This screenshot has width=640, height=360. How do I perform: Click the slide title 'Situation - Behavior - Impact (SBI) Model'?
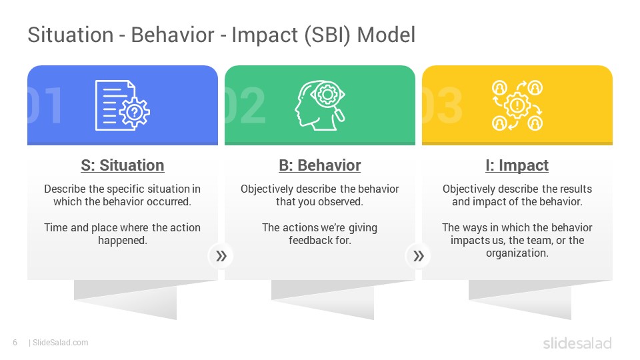click(221, 35)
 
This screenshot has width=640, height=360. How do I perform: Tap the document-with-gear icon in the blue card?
click(122, 105)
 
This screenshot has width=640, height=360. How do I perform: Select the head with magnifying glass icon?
click(319, 105)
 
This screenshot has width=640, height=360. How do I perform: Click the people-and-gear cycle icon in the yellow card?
click(517, 105)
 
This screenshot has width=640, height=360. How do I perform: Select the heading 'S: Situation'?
click(122, 165)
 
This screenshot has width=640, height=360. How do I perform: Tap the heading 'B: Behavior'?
click(319, 165)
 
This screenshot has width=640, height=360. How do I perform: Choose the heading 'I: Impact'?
click(517, 165)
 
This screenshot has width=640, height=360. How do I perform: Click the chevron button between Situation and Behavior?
click(221, 255)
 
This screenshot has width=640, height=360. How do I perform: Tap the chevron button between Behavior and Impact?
click(418, 255)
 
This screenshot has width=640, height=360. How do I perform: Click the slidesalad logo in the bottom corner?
click(577, 343)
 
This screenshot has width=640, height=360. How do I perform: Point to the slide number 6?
click(15, 343)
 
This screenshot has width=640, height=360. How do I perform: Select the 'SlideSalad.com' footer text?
click(60, 343)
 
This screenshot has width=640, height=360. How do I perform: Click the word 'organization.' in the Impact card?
click(517, 253)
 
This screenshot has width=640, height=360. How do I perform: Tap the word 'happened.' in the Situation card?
click(122, 240)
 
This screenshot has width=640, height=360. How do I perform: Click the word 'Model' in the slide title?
click(386, 35)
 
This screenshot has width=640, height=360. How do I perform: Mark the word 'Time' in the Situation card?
click(56, 227)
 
